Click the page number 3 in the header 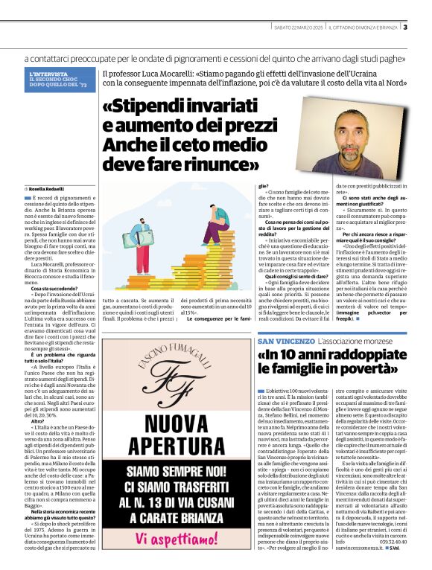pos(405,28)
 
